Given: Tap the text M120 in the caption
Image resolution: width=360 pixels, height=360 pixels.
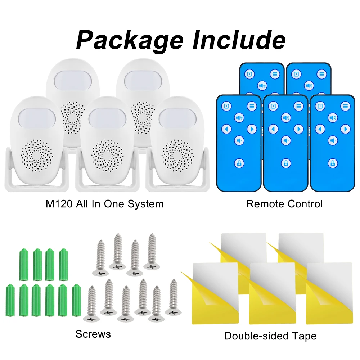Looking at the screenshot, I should (x=59, y=204).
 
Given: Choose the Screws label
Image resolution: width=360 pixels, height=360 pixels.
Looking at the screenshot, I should (x=93, y=334).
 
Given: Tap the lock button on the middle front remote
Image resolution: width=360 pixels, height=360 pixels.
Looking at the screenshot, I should (x=286, y=163).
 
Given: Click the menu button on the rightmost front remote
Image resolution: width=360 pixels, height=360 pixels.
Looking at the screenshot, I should (x=345, y=107).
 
